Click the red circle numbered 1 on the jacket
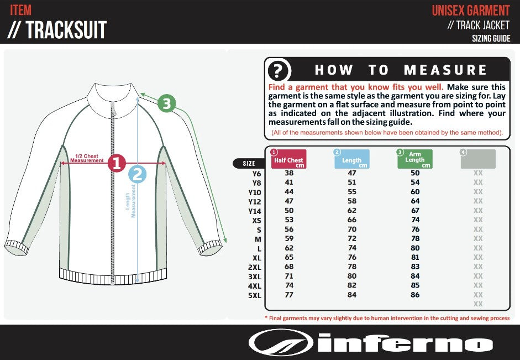click(x=117, y=163)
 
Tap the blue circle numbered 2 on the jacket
click(x=137, y=175)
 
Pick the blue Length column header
click(x=352, y=159)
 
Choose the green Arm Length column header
click(x=415, y=159)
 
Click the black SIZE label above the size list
click(x=249, y=163)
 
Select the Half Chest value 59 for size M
click(x=289, y=239)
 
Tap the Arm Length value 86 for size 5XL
click(x=415, y=295)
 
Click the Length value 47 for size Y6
click(x=352, y=173)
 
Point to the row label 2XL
click(x=254, y=267)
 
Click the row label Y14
click(x=254, y=211)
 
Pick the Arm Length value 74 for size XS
click(x=415, y=220)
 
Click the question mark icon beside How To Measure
click(x=279, y=71)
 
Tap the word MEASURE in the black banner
click(x=445, y=70)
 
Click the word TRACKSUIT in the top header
click(x=66, y=30)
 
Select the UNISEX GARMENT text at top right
click(x=470, y=11)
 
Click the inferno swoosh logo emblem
click(x=281, y=343)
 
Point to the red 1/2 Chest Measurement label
click(x=87, y=158)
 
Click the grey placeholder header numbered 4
click(x=478, y=159)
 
